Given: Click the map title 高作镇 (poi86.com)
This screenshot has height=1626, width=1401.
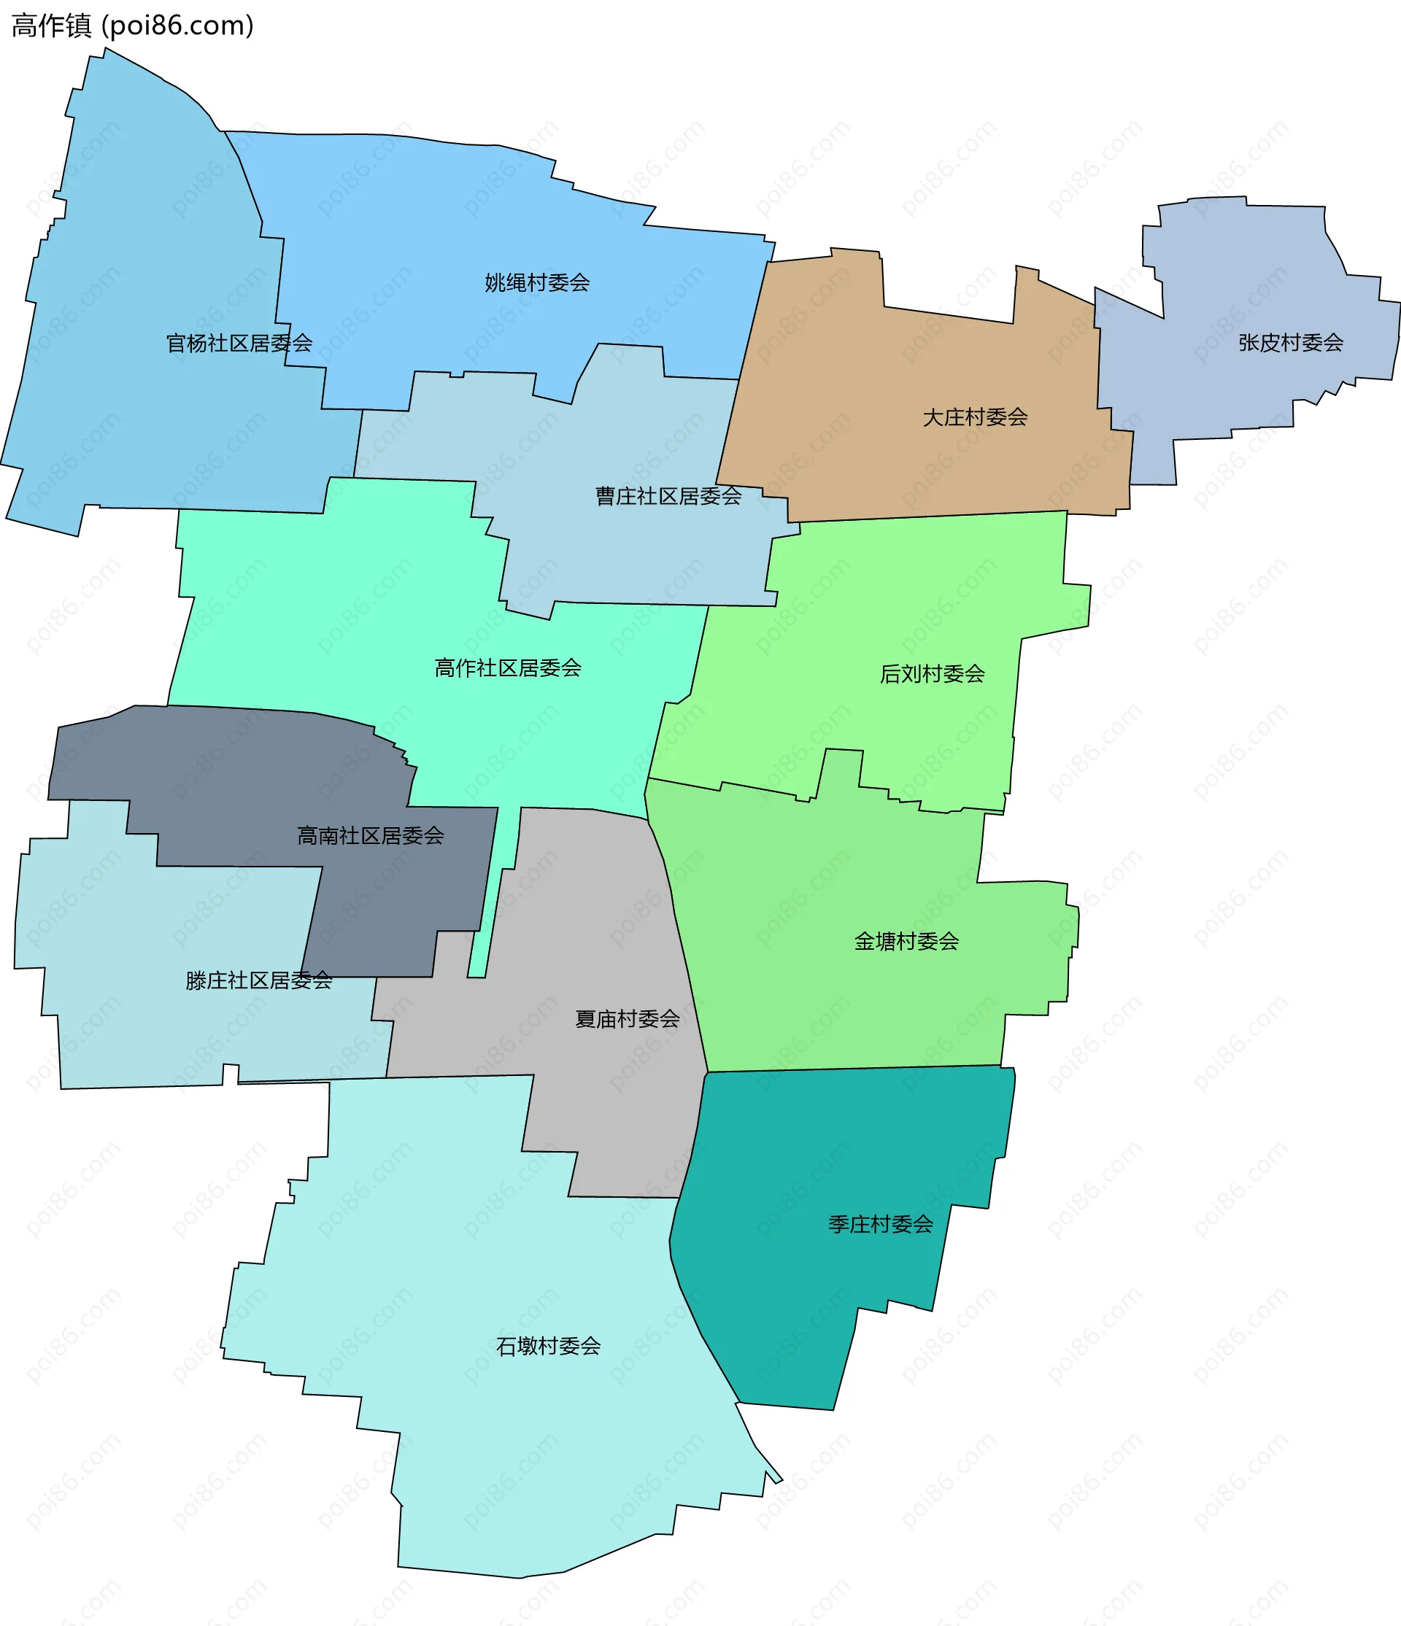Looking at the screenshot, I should (133, 26).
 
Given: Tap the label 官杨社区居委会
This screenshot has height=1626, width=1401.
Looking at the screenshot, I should (239, 343).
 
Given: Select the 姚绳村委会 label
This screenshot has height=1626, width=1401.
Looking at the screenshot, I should (537, 282).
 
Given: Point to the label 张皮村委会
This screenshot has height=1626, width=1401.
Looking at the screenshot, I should (1290, 342).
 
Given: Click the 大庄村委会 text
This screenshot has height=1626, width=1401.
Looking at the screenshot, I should (975, 417).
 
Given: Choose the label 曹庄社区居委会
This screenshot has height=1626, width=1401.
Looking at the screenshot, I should (668, 496).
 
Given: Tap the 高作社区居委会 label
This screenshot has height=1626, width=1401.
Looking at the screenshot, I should (508, 667).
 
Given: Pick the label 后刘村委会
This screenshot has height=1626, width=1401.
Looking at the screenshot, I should (932, 673).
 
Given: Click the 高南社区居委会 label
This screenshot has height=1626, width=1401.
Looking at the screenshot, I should (371, 836).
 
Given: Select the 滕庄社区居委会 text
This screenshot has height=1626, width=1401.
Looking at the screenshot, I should (259, 980).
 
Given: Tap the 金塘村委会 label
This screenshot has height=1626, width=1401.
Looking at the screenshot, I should (906, 941).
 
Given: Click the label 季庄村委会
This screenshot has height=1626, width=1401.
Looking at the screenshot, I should (881, 1223).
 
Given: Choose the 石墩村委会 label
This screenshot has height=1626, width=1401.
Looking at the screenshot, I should (548, 1346).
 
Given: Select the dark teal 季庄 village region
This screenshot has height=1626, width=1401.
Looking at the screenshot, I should (824, 1318).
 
